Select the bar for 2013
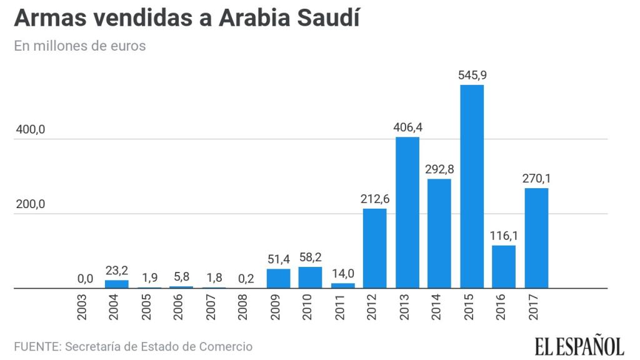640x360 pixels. (x=407, y=212)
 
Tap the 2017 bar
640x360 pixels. (x=536, y=238)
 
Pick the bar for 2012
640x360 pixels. (x=374, y=248)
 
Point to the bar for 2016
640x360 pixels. (x=504, y=267)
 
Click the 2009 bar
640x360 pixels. (x=278, y=279)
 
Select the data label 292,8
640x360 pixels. (x=439, y=169)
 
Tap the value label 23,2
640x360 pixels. (x=116, y=271)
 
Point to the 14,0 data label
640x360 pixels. (x=342, y=274)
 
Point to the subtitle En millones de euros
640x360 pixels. (x=80, y=46)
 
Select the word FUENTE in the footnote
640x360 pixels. (x=35, y=346)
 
